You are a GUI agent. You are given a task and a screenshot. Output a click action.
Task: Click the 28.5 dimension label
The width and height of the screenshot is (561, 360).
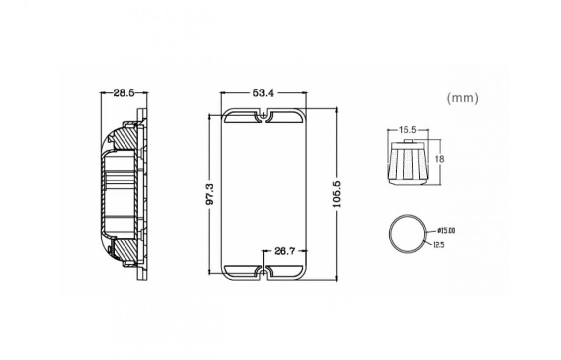124,93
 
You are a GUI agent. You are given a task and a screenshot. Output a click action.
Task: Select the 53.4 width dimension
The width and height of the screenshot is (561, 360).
263,93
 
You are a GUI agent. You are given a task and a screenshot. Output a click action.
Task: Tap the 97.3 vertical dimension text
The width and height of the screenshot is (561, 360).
209,194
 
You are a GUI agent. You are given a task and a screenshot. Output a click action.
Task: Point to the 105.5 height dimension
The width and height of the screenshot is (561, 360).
337,194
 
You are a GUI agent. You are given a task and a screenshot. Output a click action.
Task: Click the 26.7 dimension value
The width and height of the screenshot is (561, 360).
285,251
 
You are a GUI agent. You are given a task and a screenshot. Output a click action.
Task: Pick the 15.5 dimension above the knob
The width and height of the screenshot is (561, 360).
408,130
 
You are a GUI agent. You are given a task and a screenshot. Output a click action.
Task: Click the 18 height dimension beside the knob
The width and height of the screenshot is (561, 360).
439,159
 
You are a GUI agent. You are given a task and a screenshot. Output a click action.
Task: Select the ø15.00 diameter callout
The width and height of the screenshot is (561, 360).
446,231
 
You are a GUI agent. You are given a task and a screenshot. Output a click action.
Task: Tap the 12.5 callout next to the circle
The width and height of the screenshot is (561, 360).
438,245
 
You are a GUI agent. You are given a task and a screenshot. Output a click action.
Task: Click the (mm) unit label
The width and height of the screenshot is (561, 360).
463,98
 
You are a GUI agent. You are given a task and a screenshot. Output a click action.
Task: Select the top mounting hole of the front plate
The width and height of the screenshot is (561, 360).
264,115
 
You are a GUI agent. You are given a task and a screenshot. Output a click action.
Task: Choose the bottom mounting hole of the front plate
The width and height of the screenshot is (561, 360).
264,273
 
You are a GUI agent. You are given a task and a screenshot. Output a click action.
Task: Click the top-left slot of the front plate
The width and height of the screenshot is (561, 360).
241,117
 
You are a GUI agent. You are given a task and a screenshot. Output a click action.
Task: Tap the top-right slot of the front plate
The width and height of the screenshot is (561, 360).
286,117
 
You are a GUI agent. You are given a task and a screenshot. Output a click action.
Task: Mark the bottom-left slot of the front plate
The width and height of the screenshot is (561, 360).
241,271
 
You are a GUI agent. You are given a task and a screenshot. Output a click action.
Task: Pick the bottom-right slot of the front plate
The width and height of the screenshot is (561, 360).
286,271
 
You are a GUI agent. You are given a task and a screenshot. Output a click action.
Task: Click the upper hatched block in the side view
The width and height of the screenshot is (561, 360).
125,138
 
